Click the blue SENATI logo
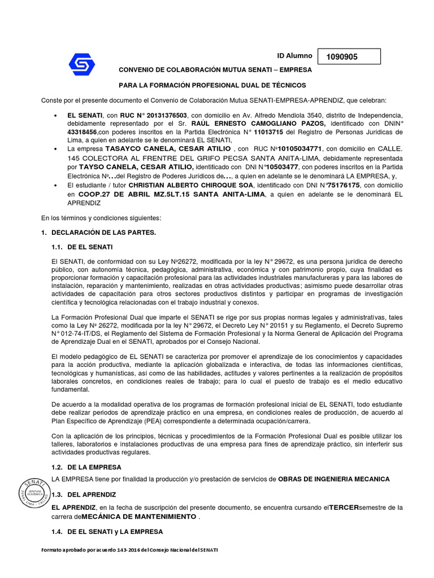click(82, 64)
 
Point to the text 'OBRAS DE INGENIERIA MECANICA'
click(333, 479)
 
